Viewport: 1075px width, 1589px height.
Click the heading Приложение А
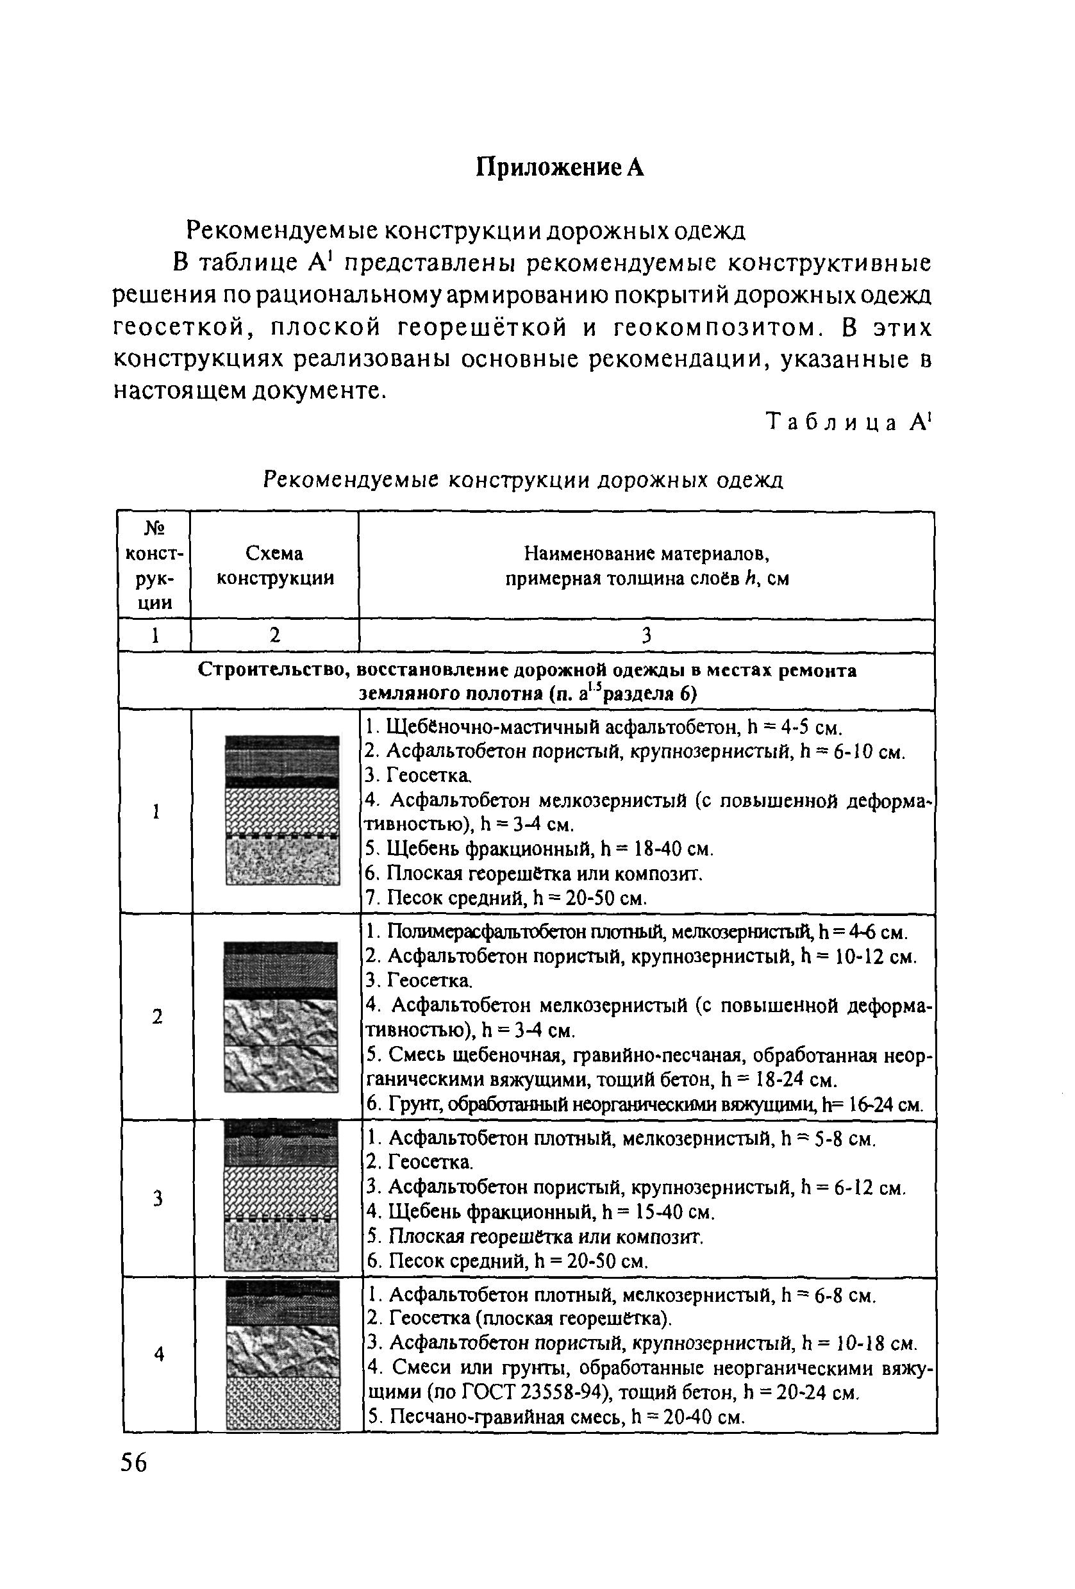[x=560, y=167]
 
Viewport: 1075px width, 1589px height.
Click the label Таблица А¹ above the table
[x=848, y=422]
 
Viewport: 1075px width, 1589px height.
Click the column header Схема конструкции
[x=275, y=565]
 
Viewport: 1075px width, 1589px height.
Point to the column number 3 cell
[x=646, y=636]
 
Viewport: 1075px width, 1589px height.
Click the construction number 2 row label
[x=157, y=1017]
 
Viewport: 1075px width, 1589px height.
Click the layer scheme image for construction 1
[x=283, y=810]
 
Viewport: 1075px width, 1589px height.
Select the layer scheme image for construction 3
[x=282, y=1197]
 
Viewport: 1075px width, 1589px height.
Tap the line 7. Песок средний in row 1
[x=506, y=898]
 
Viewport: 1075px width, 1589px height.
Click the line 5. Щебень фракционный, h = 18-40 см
[x=539, y=849]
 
